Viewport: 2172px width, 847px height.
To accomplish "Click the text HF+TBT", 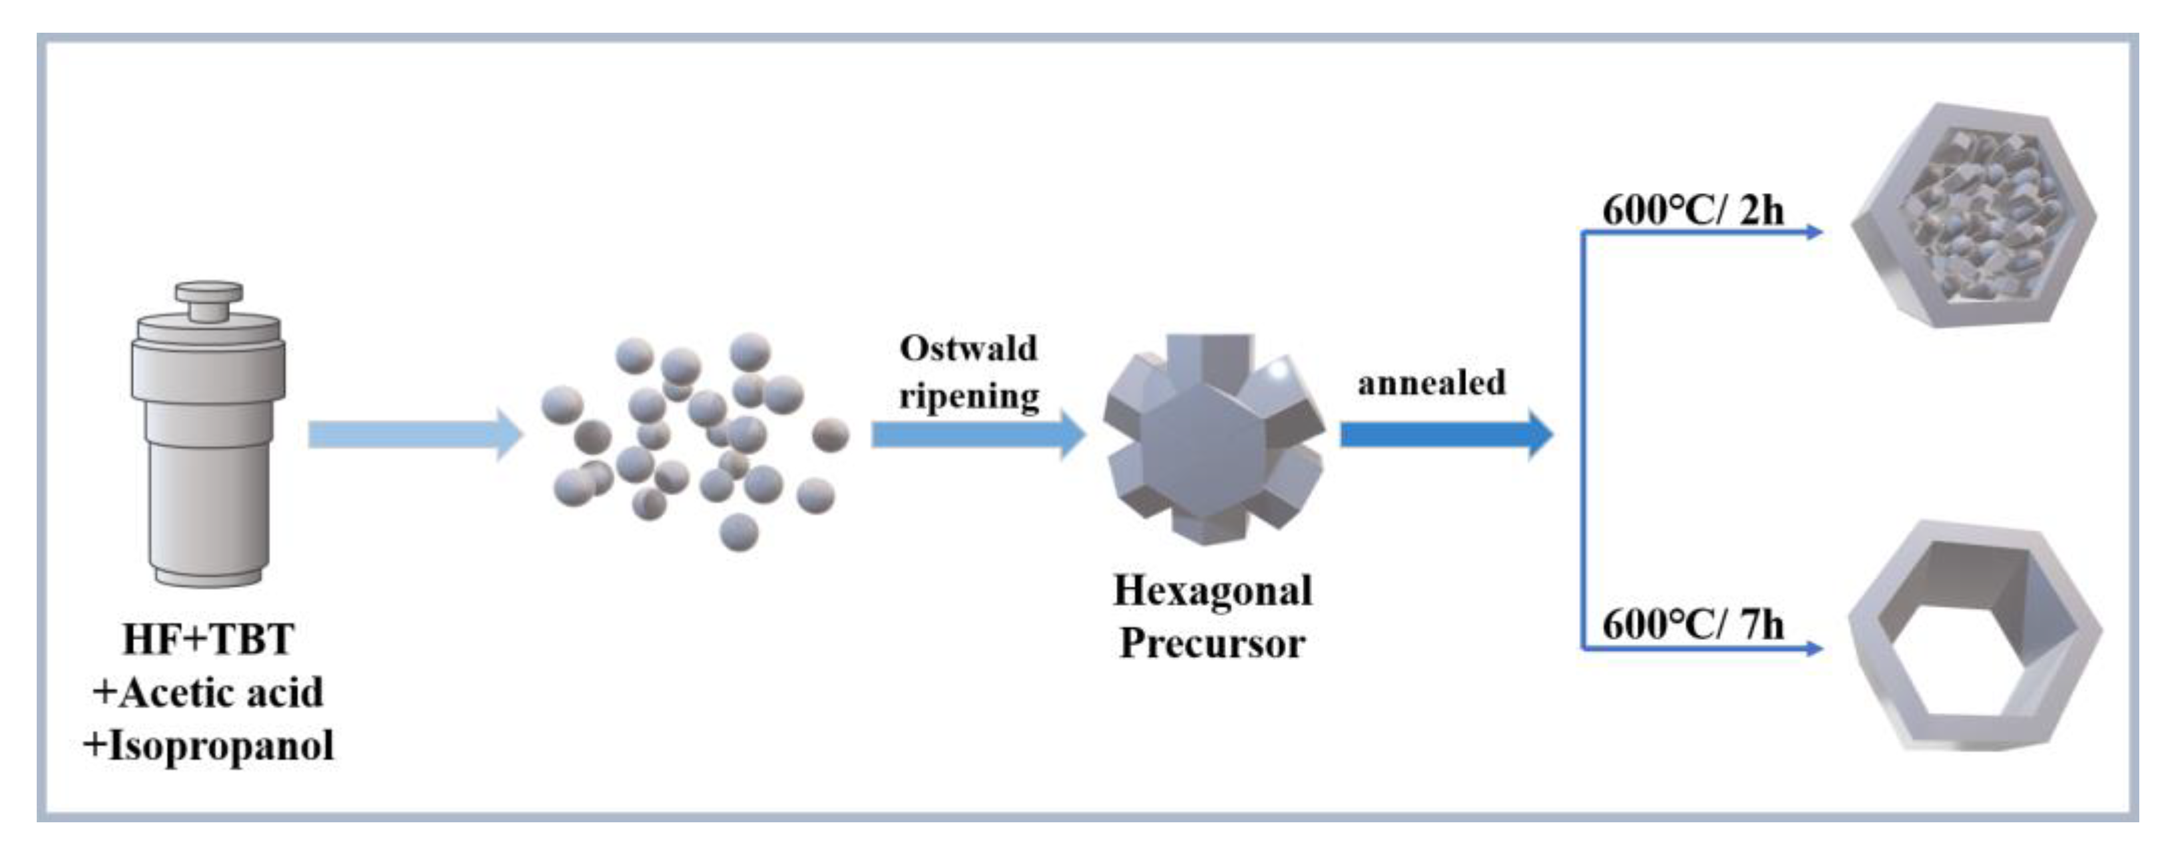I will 208,639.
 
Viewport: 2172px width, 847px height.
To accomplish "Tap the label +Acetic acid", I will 208,693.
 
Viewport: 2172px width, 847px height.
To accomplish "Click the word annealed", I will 1431,383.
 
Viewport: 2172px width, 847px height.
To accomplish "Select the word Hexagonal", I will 1213,590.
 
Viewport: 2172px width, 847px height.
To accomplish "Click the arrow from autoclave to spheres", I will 413,434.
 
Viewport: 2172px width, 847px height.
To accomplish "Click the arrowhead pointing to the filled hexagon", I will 1813,232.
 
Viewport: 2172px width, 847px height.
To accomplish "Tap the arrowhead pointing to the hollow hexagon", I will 1813,648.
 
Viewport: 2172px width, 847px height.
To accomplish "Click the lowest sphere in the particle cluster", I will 738,532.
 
